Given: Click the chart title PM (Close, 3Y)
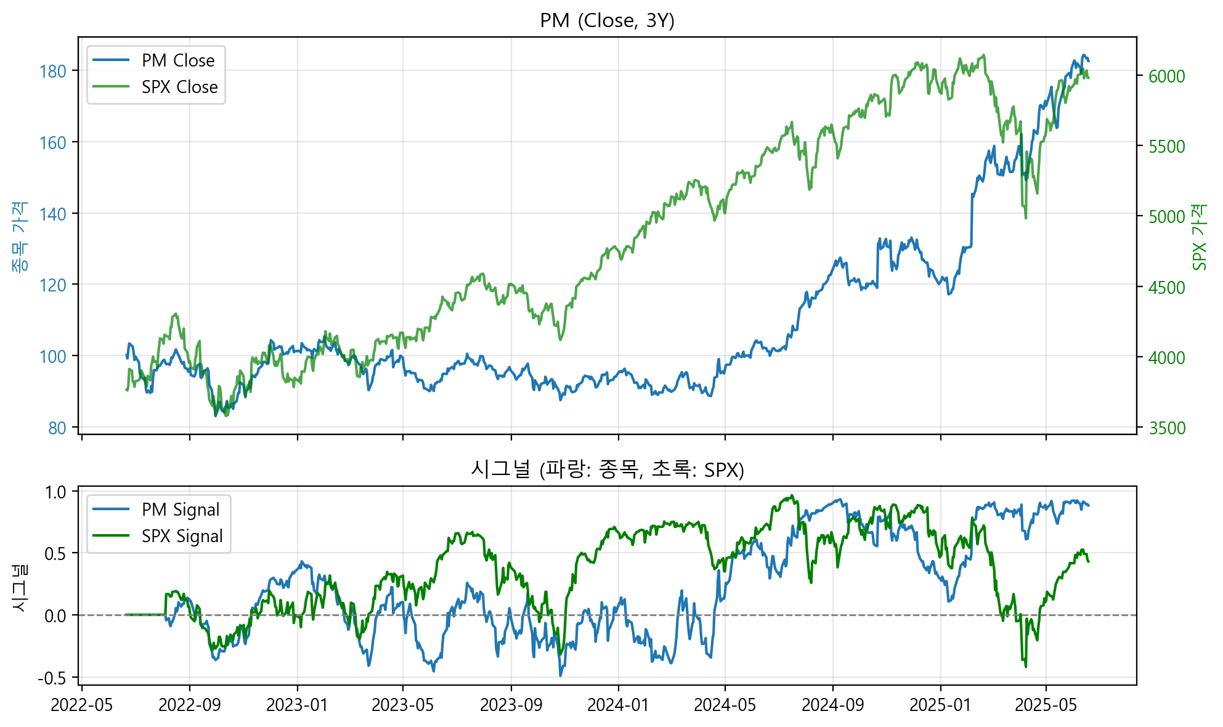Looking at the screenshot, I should [x=607, y=21].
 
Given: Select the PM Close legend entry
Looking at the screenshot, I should [x=178, y=60].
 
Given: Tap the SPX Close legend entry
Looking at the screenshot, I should [x=179, y=87].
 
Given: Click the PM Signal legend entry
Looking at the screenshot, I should [x=181, y=510].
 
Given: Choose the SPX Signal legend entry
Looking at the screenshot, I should [x=182, y=536].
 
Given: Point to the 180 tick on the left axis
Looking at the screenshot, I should [x=52, y=71].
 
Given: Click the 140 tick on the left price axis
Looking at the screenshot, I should [x=52, y=214].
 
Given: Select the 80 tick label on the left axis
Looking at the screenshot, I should [x=57, y=428].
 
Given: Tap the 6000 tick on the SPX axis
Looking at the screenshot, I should [x=1166, y=76].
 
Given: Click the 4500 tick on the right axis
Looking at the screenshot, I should [x=1166, y=288].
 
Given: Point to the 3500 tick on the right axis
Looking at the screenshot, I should [x=1166, y=428].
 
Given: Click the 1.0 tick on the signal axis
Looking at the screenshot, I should [x=55, y=492].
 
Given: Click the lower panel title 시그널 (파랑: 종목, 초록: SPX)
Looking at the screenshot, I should [x=607, y=470].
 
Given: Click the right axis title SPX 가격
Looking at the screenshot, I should [x=1199, y=237].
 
